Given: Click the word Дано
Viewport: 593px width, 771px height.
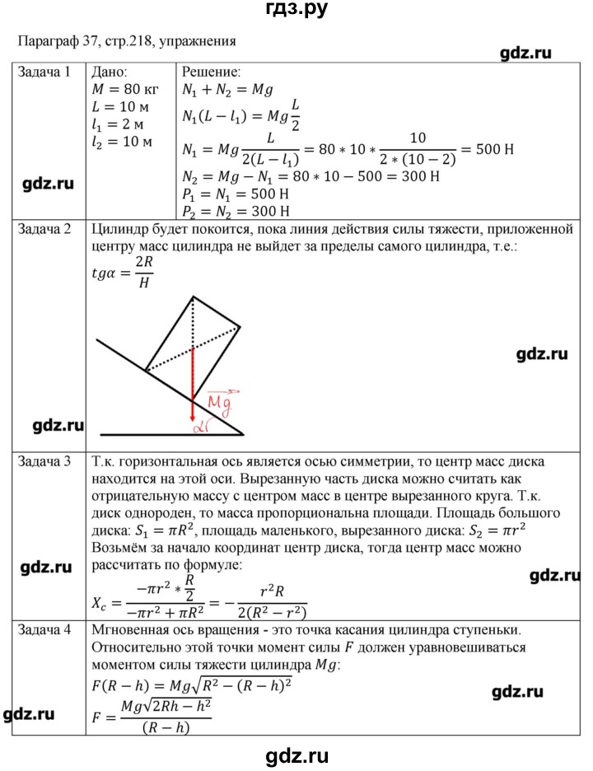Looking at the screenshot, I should point(111,72).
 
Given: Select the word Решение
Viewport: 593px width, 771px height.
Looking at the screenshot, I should point(210,72).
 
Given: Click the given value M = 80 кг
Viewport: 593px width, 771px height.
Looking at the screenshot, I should point(125,90).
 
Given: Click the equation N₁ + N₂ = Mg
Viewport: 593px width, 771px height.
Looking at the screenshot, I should point(226,90).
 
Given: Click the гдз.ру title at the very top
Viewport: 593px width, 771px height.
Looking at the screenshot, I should point(296,10).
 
